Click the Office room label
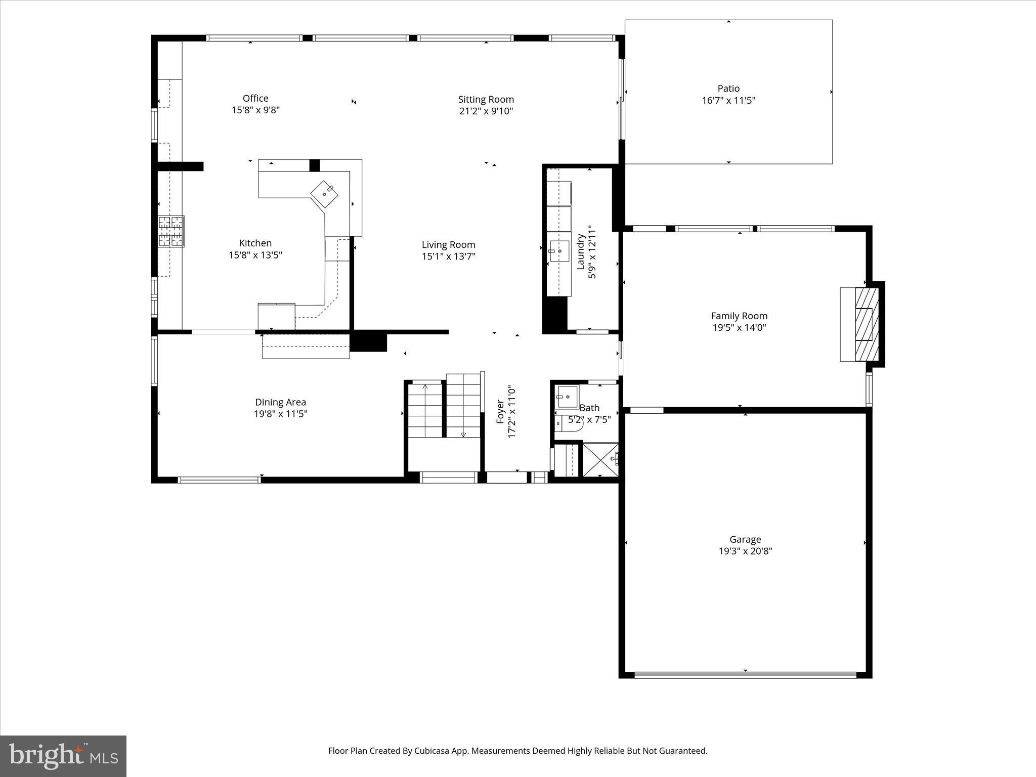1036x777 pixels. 255,98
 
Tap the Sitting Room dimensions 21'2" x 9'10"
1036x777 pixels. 486,111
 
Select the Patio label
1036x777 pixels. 728,89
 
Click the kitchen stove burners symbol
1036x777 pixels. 171,232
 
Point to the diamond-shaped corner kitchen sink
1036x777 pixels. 324,194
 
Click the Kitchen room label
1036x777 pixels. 255,243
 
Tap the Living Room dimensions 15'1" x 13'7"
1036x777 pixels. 448,256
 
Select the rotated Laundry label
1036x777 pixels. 581,251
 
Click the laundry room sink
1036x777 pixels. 559,250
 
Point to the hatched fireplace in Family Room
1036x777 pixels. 867,324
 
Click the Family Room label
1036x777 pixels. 739,316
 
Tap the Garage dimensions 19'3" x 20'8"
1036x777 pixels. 745,551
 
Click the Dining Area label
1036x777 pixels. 280,402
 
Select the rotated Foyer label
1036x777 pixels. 500,412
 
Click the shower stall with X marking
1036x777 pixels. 600,459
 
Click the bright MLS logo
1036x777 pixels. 63,756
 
